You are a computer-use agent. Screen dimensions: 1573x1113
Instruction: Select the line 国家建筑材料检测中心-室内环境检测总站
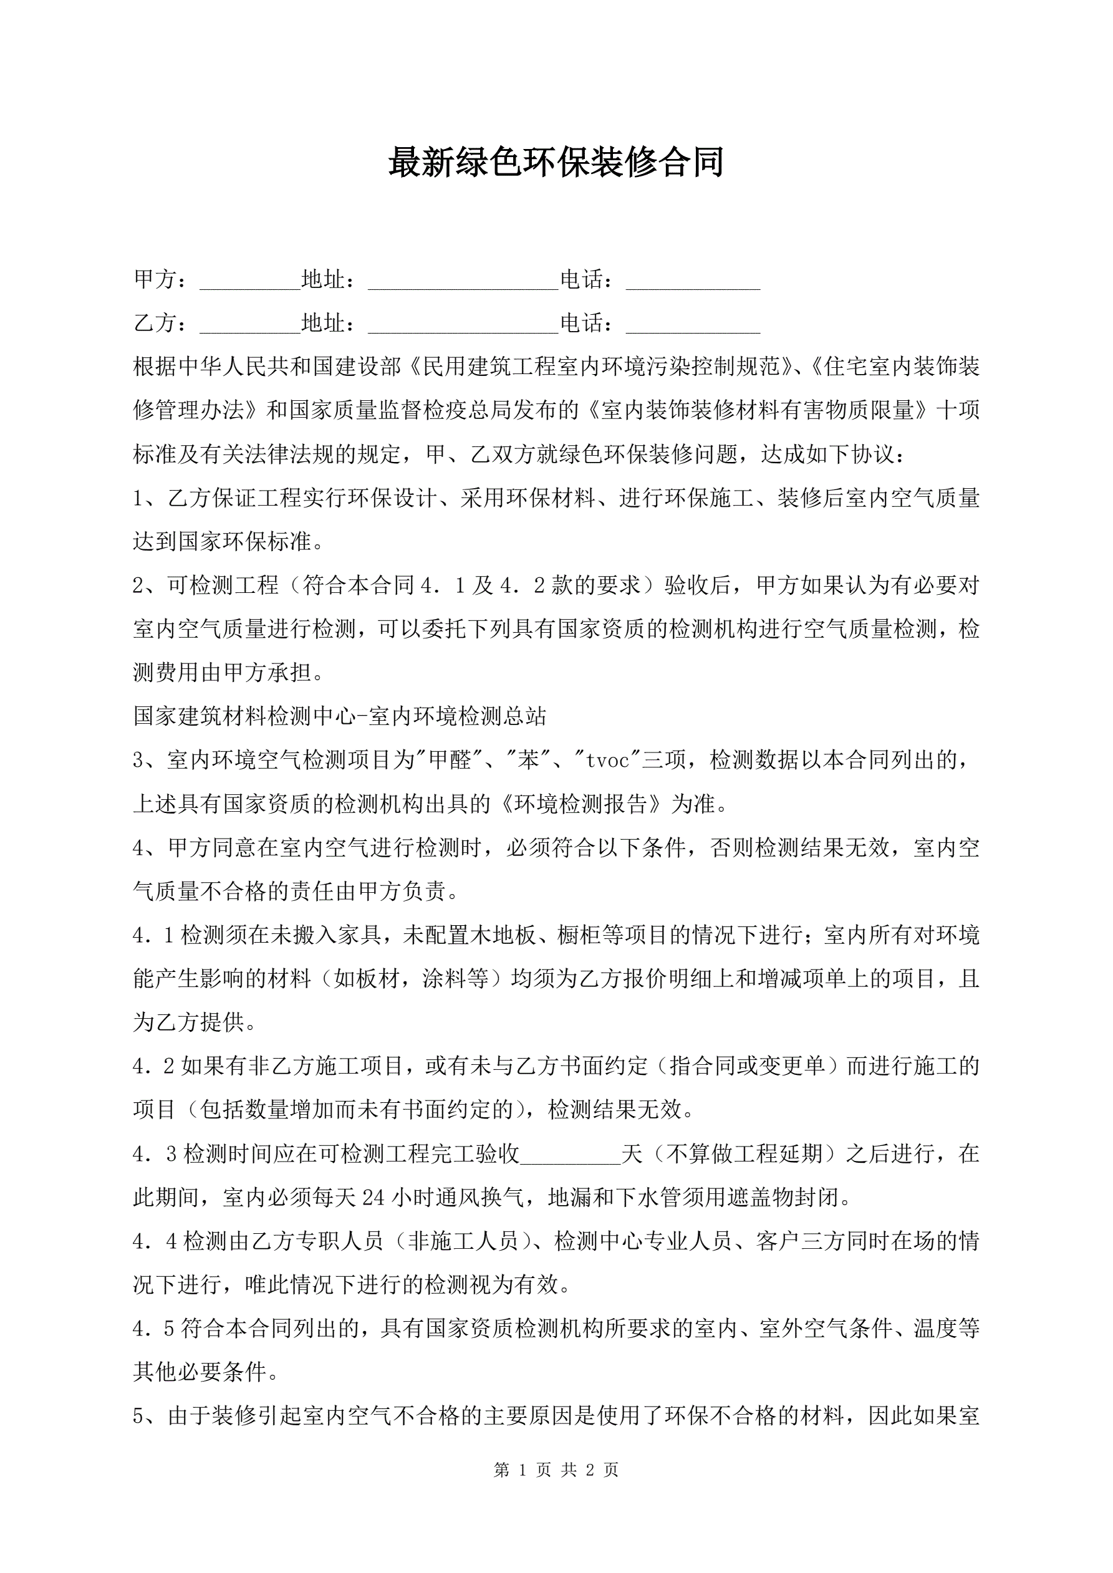point(340,716)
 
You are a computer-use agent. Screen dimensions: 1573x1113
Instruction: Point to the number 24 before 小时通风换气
point(373,1198)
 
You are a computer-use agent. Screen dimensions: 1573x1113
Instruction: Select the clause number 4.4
point(154,1242)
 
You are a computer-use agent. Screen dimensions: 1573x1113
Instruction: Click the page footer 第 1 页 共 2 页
point(556,1470)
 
